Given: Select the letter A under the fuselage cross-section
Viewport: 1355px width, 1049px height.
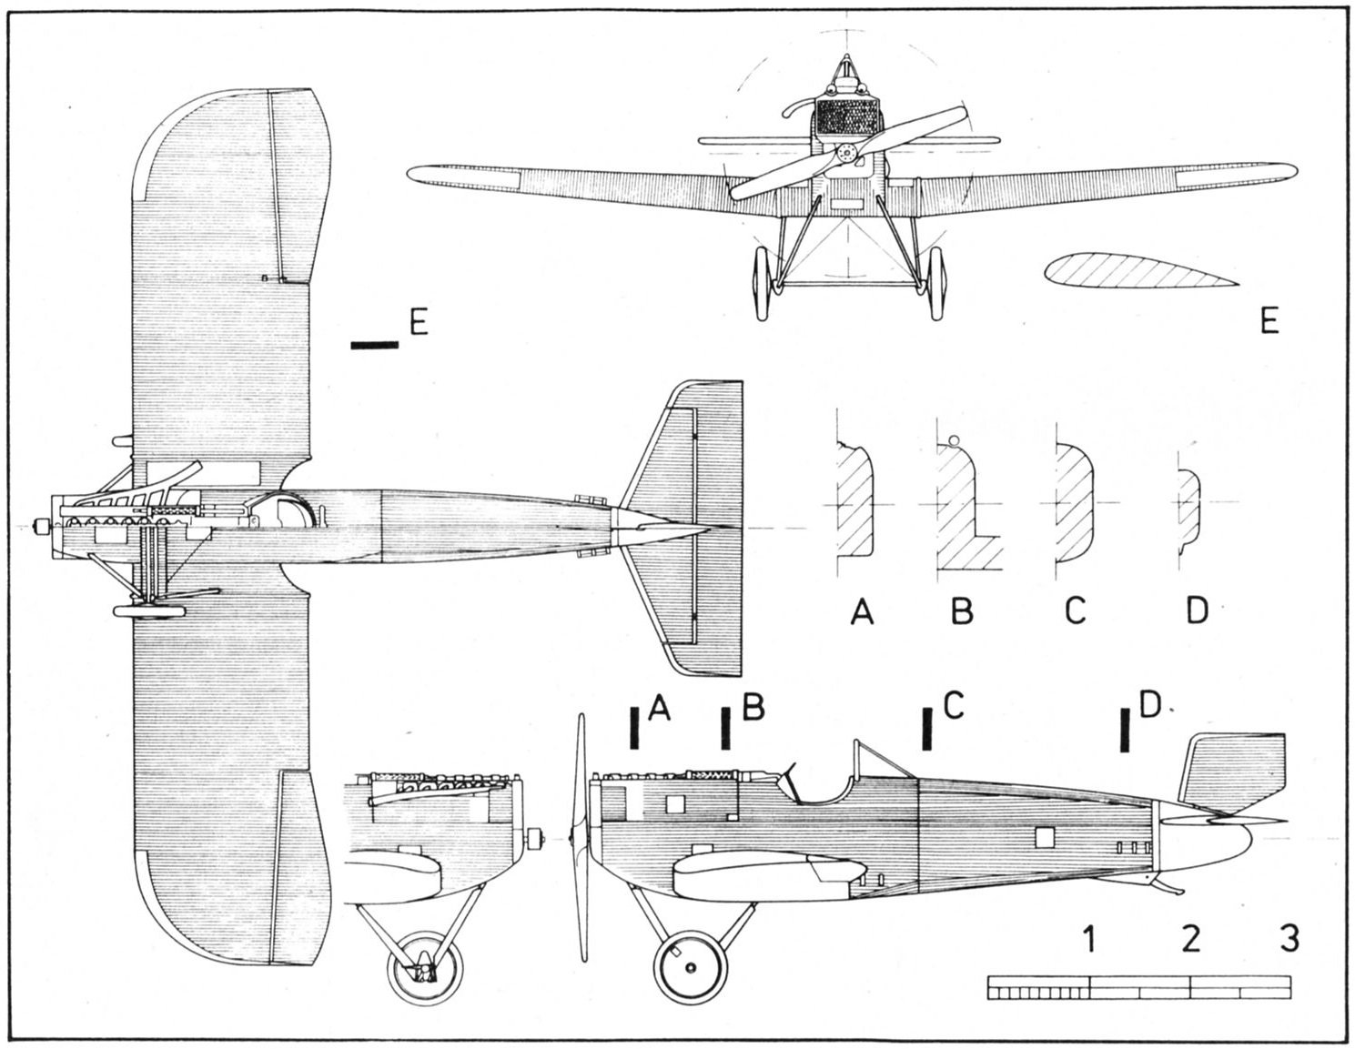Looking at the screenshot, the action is coord(862,611).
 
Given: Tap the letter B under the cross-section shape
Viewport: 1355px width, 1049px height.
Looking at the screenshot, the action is coord(962,611).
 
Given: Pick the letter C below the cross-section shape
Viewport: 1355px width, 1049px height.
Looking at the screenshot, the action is coord(1076,611).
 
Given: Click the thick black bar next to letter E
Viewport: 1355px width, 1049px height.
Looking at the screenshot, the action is coord(374,344).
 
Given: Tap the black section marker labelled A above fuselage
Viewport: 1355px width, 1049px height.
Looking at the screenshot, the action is coord(635,728).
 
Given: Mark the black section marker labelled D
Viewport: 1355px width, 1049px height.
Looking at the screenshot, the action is coord(1126,730).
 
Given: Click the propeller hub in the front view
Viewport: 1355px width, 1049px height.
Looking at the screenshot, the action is coord(847,154).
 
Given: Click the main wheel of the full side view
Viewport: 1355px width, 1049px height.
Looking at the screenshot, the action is coord(691,967).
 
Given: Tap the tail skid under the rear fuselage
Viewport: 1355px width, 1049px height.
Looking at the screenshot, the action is coord(1166,886).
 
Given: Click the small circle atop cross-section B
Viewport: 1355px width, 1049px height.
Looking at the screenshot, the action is coord(954,440).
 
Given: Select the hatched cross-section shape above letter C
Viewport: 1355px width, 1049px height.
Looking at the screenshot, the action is coord(1074,502).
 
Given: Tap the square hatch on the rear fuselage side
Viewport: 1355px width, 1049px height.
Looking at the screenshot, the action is coord(1045,837).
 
